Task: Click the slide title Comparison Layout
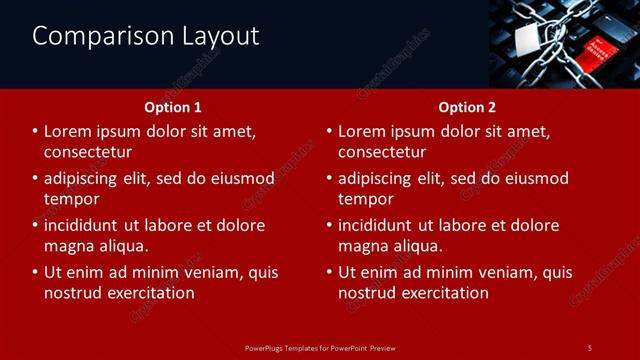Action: pyautogui.click(x=146, y=37)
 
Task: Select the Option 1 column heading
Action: pyautogui.click(x=173, y=107)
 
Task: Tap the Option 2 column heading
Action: pyautogui.click(x=467, y=107)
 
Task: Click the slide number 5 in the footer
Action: pyautogui.click(x=590, y=347)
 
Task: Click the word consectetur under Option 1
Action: pyautogui.click(x=88, y=152)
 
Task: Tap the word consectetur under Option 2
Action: pyautogui.click(x=382, y=152)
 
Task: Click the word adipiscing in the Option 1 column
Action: pyautogui.click(x=88, y=179)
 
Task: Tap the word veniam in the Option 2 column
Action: pyautogui.click(x=511, y=272)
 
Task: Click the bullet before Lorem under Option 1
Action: pyautogui.click(x=35, y=132)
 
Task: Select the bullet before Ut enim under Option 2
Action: pyautogui.click(x=329, y=272)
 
